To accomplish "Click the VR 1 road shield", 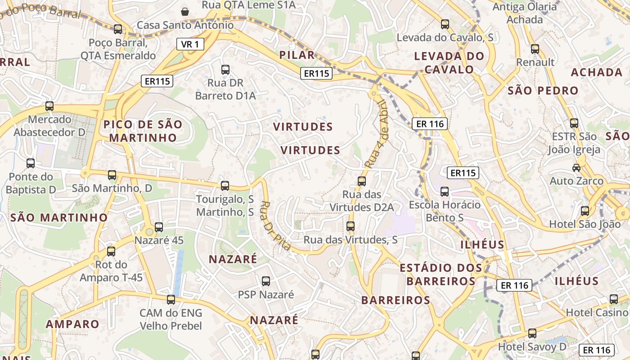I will [190, 44].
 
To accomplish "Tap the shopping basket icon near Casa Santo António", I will [184, 11].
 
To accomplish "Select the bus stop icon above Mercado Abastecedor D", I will [49, 106].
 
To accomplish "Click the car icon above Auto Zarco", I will [576, 168].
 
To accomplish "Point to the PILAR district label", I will [297, 55].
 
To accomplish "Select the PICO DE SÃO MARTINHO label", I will [143, 131].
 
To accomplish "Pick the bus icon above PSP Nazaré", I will [266, 281].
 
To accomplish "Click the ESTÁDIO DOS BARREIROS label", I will [441, 274].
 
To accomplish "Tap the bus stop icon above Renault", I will [535, 49].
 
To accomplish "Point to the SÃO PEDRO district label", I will [543, 90].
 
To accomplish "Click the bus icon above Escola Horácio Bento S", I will [445, 192].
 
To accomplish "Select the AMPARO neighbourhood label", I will [72, 324].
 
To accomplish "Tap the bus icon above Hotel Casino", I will [614, 299].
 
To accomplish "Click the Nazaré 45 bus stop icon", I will [159, 227].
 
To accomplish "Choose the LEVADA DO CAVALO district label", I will [449, 63].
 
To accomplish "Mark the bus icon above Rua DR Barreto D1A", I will [225, 70].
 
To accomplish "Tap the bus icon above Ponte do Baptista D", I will [31, 163].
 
